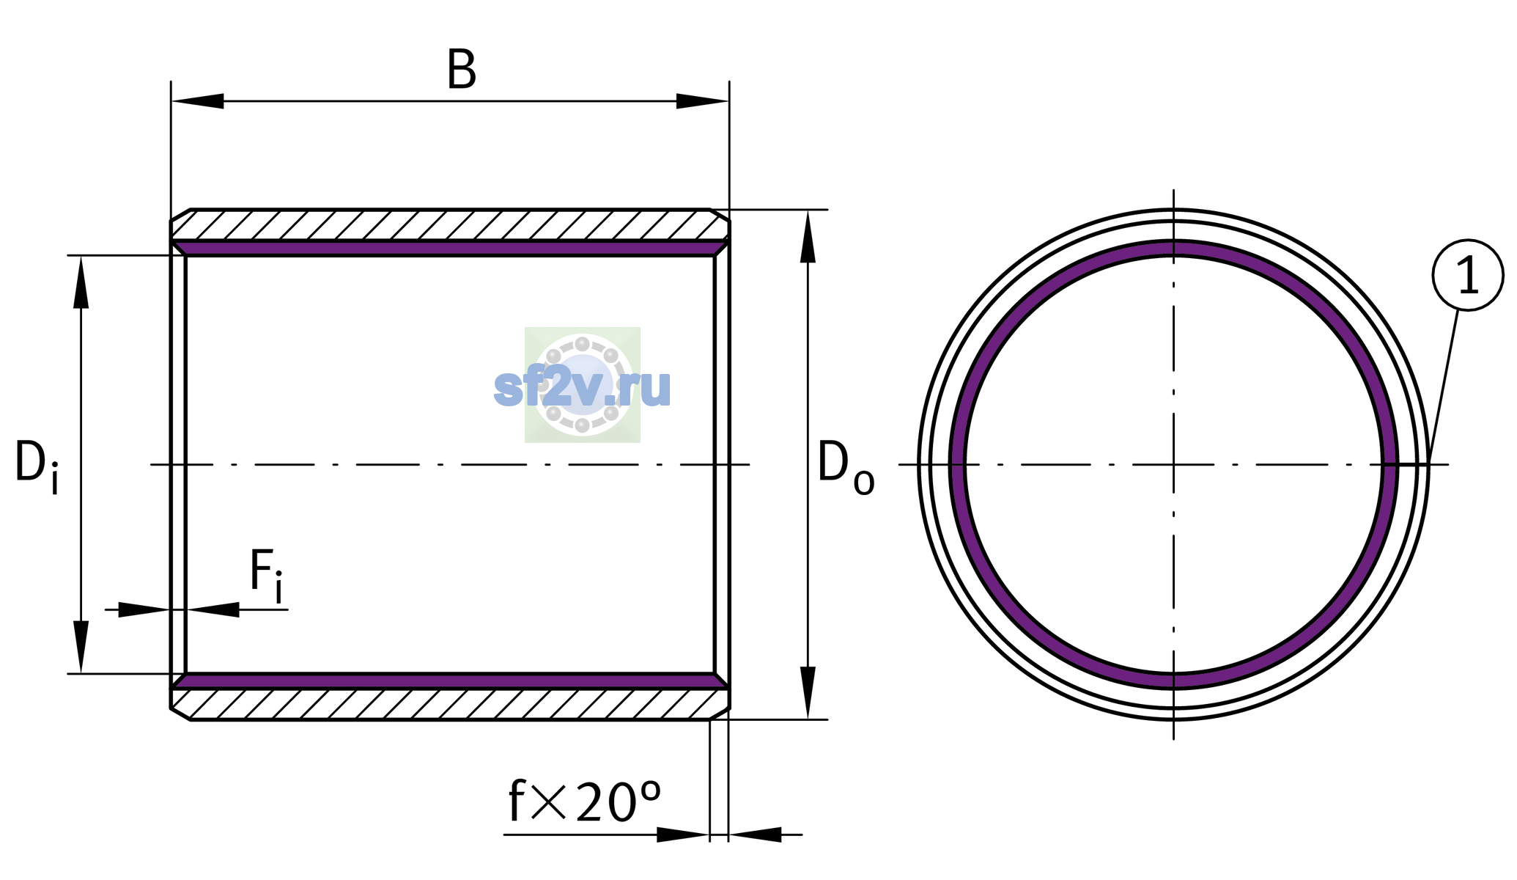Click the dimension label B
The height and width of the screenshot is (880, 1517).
462,70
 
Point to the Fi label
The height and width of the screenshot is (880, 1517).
266,575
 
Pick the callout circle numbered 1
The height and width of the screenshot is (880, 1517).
1468,275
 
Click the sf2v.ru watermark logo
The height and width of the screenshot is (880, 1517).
583,385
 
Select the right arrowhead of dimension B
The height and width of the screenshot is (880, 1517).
702,101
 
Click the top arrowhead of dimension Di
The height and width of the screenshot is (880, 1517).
81,282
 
